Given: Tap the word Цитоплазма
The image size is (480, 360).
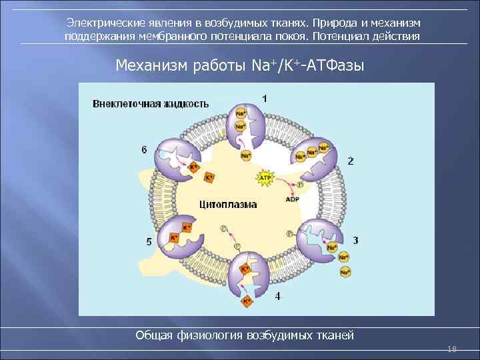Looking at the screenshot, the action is pos(227,204).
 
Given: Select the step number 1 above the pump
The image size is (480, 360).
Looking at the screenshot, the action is pos(265,98).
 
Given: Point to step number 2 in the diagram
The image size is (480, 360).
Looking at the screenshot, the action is pos(351,161).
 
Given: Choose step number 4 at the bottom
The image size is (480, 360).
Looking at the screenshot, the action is pos(277,295).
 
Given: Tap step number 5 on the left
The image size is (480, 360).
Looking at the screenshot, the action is pos(148,241).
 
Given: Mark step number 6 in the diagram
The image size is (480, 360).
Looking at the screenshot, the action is pos(144,150).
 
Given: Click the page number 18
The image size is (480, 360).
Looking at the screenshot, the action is pos(453,349).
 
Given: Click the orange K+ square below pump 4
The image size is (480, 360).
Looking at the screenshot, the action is pos(247,301).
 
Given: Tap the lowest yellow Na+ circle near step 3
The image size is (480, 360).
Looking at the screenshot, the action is pos(345,272).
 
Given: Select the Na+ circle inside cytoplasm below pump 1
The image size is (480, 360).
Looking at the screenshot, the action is pos(245,156).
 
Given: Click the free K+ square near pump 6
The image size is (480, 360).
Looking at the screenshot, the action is pos(209,178).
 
